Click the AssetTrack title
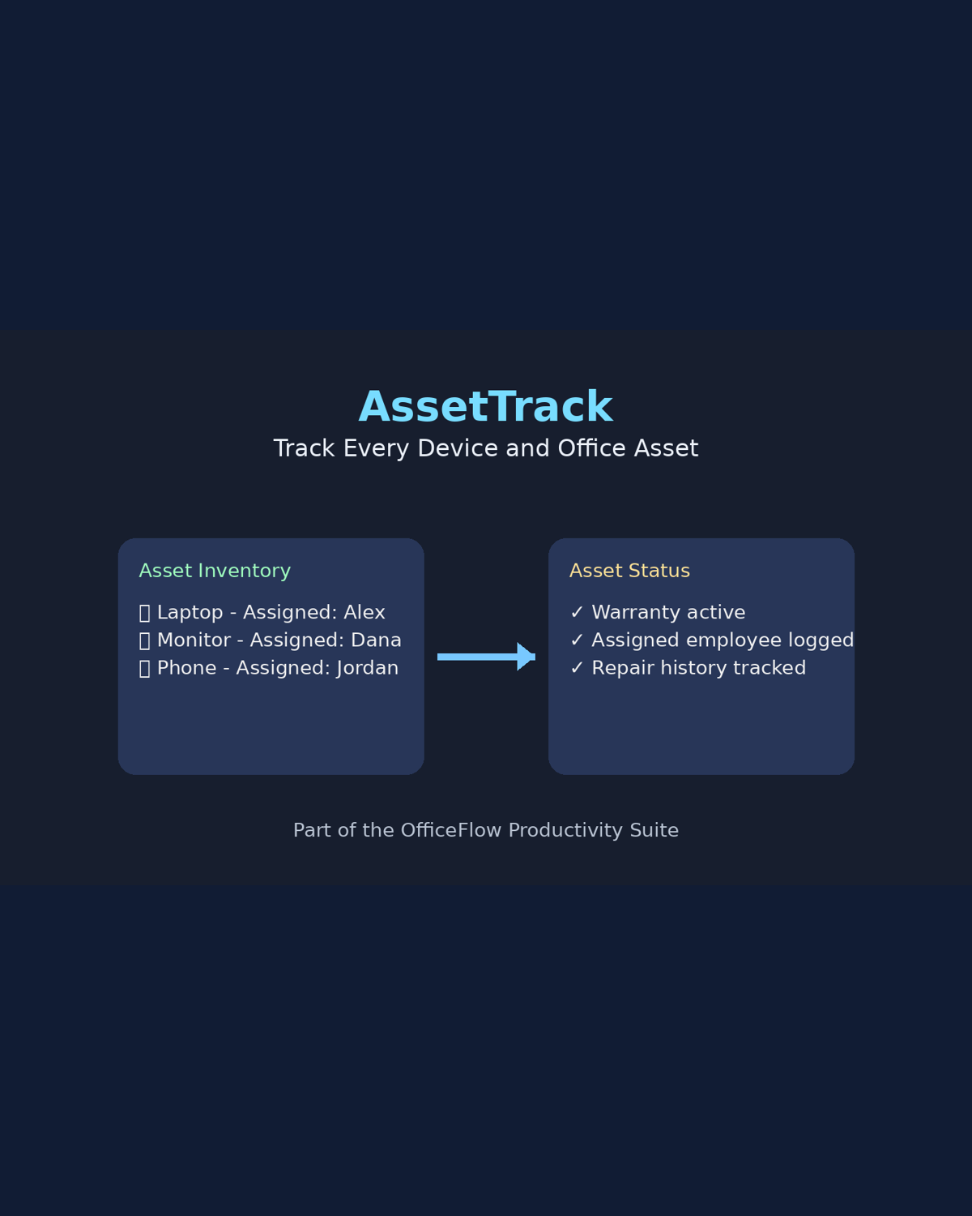pyautogui.click(x=485, y=407)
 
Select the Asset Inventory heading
pyautogui.click(x=215, y=571)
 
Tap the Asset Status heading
pyautogui.click(x=629, y=571)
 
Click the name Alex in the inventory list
pyautogui.click(x=364, y=613)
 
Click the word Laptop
pyautogui.click(x=190, y=613)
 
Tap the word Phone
pyautogui.click(x=186, y=669)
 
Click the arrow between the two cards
pyautogui.click(x=486, y=657)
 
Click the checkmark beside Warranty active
pyautogui.click(x=577, y=613)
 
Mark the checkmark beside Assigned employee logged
pyautogui.click(x=577, y=640)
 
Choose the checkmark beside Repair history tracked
pyautogui.click(x=577, y=669)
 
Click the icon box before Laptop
pyautogui.click(x=144, y=614)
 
